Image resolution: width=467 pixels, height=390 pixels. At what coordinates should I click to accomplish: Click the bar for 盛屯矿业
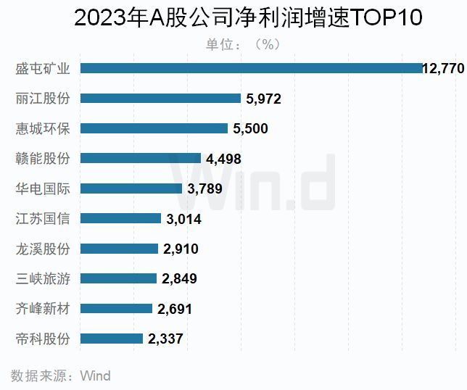pyautogui.click(x=250, y=68)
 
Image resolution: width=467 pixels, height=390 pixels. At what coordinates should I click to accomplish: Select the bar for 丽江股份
pyautogui.click(x=160, y=98)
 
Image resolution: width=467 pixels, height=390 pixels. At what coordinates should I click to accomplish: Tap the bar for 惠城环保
pyautogui.click(x=154, y=128)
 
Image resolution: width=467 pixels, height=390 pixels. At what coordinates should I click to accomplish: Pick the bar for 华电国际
pyautogui.click(x=131, y=188)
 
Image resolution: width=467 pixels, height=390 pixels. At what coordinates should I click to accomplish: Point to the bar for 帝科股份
pyautogui.click(x=111, y=339)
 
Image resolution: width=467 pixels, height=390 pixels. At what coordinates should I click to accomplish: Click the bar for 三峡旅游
pyautogui.click(x=118, y=278)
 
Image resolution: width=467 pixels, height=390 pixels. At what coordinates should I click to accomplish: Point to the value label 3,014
pyautogui.click(x=183, y=219)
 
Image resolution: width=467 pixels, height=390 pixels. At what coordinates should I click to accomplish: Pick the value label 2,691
pyautogui.click(x=175, y=309)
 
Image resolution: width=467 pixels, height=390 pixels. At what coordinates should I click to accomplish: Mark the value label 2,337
pyautogui.click(x=165, y=339)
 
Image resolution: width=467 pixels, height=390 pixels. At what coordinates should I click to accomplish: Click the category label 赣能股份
pyautogui.click(x=43, y=158)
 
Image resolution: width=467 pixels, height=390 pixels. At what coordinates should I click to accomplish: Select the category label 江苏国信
pyautogui.click(x=43, y=218)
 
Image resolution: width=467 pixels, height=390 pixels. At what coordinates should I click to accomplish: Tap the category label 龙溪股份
pyautogui.click(x=43, y=249)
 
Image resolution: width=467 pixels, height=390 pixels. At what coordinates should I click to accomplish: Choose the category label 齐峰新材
pyautogui.click(x=43, y=308)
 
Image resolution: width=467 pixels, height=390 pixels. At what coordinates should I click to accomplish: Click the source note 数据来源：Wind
pyautogui.click(x=61, y=376)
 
